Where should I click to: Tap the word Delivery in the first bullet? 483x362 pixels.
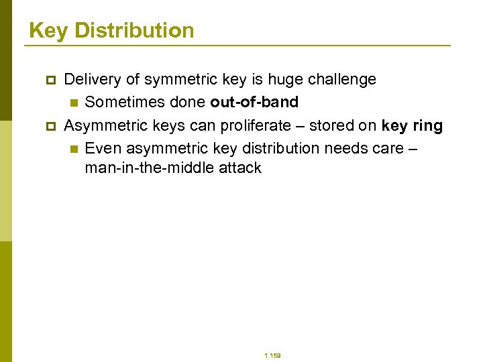(93, 80)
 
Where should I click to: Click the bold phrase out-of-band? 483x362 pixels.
(254, 103)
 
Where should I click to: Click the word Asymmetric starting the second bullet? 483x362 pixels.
(103, 125)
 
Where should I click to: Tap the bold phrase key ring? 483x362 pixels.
(412, 125)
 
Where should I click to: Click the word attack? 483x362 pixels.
(239, 168)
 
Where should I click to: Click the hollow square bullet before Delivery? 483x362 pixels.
(50, 80)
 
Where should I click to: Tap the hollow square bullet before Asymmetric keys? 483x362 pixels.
(50, 126)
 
